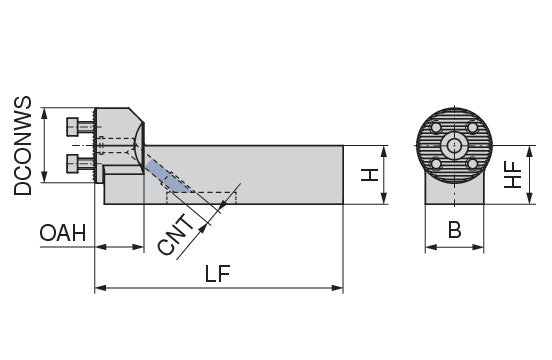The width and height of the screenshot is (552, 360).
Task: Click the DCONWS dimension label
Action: point(23,146)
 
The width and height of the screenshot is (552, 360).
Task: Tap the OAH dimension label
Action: point(63,233)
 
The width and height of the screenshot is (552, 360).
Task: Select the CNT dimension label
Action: point(175,234)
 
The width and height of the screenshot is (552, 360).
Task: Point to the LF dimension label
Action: point(218,274)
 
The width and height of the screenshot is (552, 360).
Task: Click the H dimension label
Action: point(370,175)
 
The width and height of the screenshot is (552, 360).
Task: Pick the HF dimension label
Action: point(513,175)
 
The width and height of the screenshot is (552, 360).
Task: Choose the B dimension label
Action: point(454,230)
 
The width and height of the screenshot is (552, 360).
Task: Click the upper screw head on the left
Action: point(73,127)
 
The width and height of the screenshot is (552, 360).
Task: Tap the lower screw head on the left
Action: point(73,164)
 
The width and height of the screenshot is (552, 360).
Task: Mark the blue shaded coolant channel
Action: point(167,177)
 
